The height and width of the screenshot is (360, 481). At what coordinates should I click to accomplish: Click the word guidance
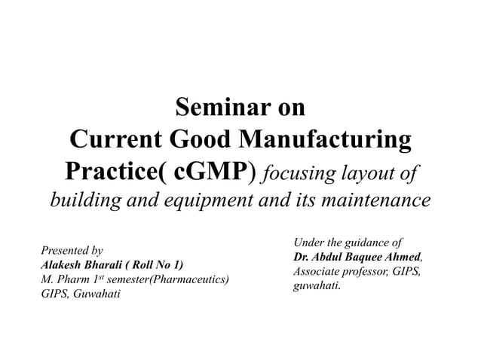tap(360, 243)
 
